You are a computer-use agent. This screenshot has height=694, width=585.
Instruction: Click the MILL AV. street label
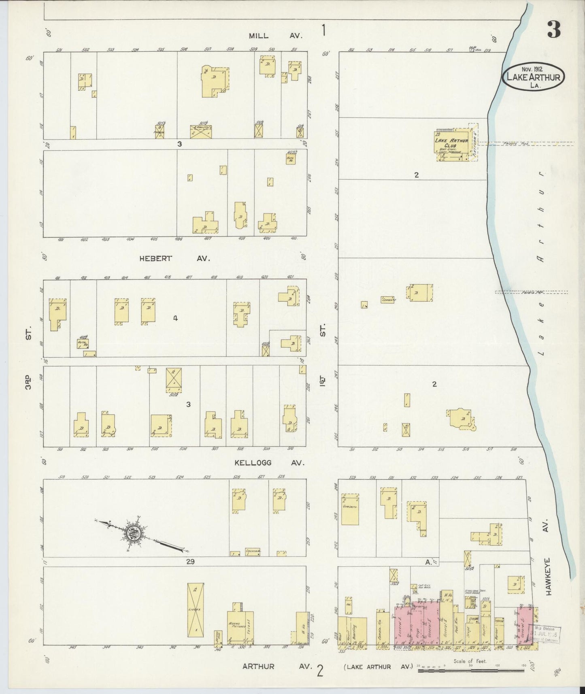(x=275, y=36)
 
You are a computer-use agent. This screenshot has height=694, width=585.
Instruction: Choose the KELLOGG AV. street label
(x=269, y=463)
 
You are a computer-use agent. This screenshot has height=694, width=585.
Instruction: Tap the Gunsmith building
(x=350, y=509)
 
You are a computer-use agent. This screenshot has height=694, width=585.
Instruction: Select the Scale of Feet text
(x=470, y=661)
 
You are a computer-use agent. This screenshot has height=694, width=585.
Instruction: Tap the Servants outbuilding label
(x=387, y=300)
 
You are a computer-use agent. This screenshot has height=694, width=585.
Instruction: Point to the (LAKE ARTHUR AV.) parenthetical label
(x=378, y=667)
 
